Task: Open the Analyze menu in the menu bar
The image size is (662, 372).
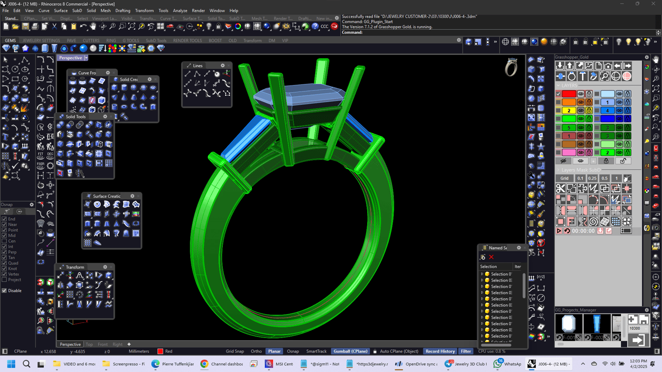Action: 180,11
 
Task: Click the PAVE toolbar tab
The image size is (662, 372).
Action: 71,41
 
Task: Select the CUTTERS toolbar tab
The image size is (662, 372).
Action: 91,41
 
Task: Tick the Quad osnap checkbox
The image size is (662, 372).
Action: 4,263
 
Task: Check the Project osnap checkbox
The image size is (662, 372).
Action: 4,280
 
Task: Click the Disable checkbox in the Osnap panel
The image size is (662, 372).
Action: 4,291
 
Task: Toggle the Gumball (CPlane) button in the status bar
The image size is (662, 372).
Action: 350,351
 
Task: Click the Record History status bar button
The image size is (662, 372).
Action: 440,351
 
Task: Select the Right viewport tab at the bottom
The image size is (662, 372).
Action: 117,344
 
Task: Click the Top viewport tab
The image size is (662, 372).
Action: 89,344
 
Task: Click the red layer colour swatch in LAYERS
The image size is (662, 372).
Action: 569,94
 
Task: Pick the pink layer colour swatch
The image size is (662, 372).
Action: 569,152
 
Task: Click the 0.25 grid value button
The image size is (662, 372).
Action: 592,178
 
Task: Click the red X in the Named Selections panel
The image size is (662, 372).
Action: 491,257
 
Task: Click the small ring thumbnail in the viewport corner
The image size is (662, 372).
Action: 511,68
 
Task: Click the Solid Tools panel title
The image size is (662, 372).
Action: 75,117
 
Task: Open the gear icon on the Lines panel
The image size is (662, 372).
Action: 223,66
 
